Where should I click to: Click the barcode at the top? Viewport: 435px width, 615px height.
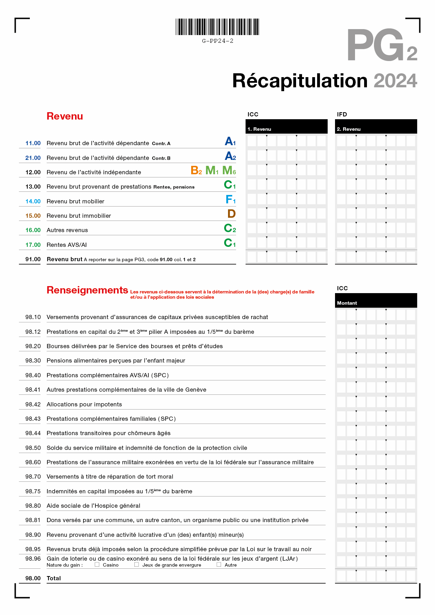click(217, 27)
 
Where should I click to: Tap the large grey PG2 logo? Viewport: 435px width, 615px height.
click(382, 46)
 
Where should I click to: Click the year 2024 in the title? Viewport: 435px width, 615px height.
click(395, 81)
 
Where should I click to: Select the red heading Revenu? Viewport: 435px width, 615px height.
click(65, 116)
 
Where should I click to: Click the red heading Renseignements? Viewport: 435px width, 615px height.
click(87, 290)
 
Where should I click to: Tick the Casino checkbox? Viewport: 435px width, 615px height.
click(97, 565)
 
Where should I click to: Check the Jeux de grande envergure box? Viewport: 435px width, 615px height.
click(136, 565)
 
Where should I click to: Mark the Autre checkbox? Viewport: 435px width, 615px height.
click(219, 565)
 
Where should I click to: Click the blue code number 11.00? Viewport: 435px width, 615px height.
click(33, 143)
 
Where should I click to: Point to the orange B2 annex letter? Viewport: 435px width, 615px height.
click(196, 170)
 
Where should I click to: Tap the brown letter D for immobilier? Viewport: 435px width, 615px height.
click(232, 214)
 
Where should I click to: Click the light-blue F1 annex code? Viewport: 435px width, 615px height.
click(230, 200)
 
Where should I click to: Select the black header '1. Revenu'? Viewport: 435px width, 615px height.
click(259, 129)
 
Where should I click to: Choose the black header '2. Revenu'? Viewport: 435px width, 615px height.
click(349, 129)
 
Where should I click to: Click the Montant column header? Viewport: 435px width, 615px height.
click(347, 303)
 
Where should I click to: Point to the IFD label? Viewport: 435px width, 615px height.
click(342, 114)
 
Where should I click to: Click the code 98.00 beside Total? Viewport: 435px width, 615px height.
click(33, 578)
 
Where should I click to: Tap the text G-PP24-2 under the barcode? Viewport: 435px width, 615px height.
click(217, 41)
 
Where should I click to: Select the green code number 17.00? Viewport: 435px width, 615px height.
click(33, 245)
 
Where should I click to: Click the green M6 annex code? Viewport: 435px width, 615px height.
click(229, 170)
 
